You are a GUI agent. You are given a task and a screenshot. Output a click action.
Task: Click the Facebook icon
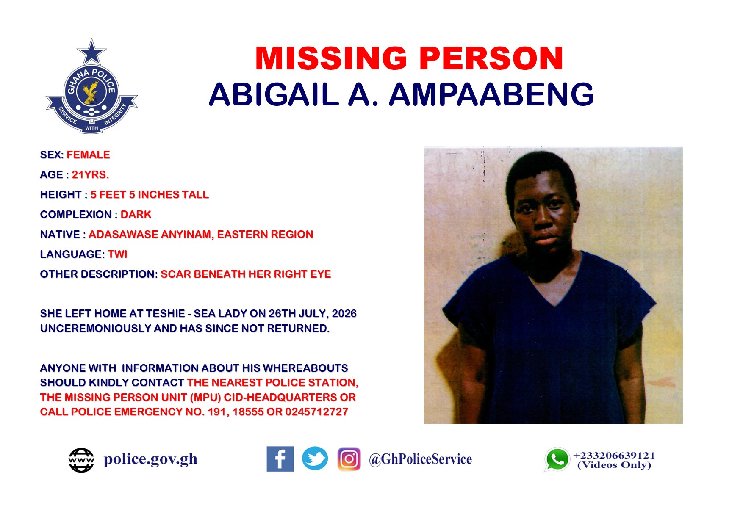point(280,459)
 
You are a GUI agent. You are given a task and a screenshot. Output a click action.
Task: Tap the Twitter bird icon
point(315,459)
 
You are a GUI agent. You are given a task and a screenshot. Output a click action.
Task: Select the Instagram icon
point(349,459)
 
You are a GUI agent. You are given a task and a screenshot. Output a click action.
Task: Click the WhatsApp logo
point(557,459)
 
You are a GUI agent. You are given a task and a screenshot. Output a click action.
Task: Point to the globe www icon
point(81,460)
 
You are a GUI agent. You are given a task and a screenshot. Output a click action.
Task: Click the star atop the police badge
point(91,52)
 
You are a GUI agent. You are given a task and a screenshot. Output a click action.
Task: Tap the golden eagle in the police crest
point(91,92)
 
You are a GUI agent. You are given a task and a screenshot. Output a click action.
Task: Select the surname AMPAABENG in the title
point(491,94)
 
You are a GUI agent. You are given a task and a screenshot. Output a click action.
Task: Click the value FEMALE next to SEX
point(88,155)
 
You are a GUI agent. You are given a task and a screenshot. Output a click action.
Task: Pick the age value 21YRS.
point(90,175)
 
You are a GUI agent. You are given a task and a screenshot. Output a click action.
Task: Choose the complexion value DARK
point(136,215)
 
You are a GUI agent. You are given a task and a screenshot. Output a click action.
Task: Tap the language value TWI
point(117,254)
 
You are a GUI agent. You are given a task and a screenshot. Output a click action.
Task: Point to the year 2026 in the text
point(344,314)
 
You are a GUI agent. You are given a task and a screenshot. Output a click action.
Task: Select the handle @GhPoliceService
point(420,459)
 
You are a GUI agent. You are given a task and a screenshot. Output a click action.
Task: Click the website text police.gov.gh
point(150,459)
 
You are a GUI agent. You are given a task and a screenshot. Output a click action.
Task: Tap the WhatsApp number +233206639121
point(614,456)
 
